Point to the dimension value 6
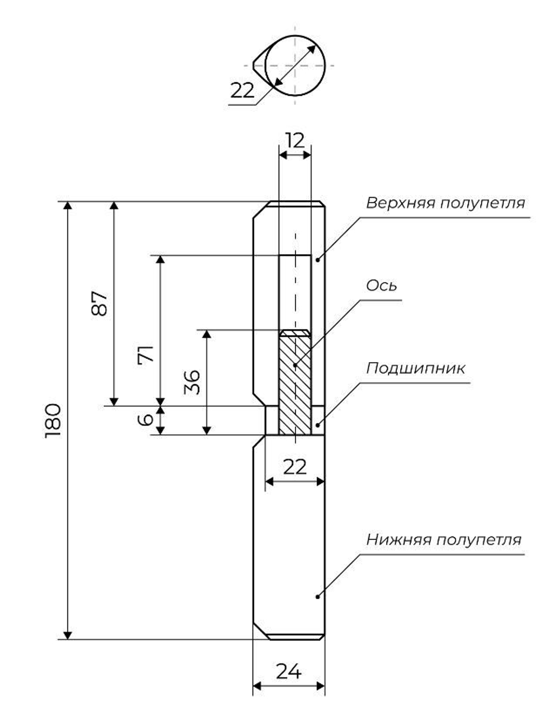146,419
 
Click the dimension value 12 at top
295,140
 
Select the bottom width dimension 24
288,671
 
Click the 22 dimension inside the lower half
294,466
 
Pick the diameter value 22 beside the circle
242,90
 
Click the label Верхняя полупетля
445,203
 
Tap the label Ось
381,285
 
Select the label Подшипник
415,369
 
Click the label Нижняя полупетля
443,539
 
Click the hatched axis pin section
295,384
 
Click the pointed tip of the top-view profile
252,65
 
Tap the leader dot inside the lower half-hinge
318,596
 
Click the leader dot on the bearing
318,425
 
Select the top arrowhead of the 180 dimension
67,206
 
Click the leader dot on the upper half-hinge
318,260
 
